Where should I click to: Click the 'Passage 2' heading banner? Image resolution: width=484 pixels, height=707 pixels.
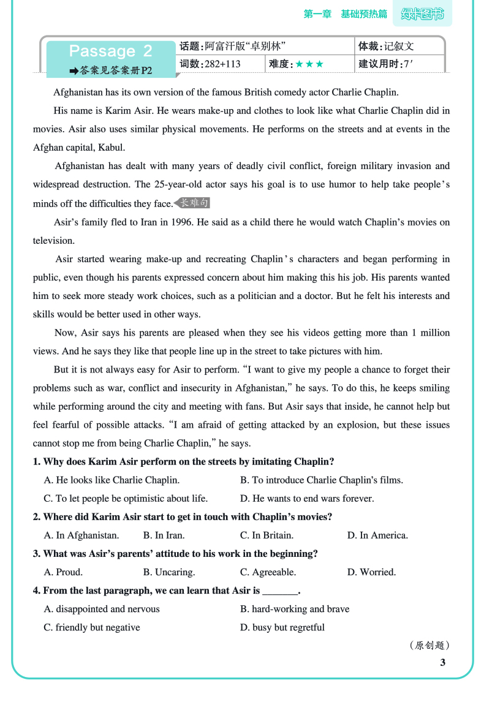[111, 51]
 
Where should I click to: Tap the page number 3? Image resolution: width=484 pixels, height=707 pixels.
[443, 662]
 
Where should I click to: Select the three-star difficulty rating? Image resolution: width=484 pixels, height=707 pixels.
[309, 64]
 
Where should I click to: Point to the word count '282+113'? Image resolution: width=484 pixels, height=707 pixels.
[222, 64]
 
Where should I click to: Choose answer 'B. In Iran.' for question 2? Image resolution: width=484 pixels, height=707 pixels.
[164, 535]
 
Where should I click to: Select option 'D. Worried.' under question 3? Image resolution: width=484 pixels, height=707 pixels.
[371, 572]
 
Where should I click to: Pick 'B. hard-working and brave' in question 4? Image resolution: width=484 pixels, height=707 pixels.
[295, 609]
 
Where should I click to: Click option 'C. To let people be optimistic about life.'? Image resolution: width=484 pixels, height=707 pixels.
[126, 499]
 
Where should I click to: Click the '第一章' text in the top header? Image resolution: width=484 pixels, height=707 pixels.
[317, 14]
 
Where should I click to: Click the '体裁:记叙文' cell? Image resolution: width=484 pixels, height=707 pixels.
[386, 46]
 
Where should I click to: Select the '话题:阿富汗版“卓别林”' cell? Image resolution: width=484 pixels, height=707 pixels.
[233, 46]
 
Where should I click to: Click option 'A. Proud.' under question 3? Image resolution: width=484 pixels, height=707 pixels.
[63, 572]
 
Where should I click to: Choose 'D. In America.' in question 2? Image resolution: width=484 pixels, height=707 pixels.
[377, 535]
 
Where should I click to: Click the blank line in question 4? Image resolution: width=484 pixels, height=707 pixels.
[280, 591]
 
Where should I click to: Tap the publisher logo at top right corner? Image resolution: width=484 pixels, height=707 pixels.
[422, 14]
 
